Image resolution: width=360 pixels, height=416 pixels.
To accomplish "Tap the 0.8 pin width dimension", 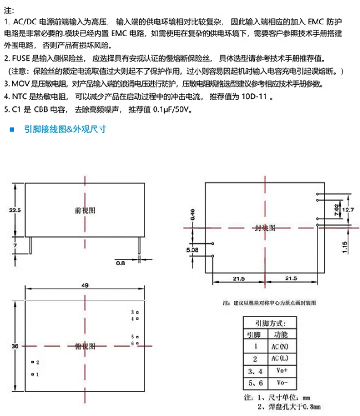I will click(120, 263).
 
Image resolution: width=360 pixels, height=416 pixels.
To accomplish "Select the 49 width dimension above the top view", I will click(84, 286).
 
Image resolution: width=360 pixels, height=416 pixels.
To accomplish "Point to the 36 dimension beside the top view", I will click(15, 345).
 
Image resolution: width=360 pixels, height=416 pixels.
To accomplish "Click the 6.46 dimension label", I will click(192, 214).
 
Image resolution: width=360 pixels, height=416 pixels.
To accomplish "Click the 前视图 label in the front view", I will click(84, 210).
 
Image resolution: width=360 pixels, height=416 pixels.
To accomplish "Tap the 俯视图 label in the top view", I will click(84, 345).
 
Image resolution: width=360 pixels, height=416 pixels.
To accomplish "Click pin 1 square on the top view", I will click(32, 374).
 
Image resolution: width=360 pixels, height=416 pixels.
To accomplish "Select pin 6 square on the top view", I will click(138, 344).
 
